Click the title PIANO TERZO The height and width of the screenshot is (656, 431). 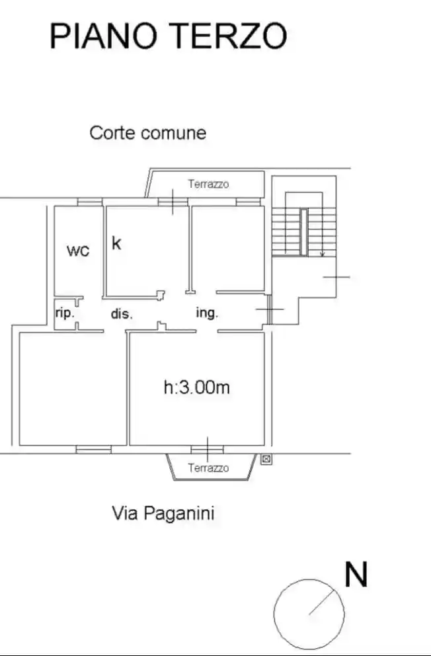pos(168,36)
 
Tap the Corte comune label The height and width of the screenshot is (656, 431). pos(147,133)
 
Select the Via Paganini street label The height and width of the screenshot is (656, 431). pos(163,513)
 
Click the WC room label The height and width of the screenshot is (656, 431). pos(79,251)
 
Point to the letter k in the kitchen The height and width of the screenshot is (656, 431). pos(116,243)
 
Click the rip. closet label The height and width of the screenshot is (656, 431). pos(64,313)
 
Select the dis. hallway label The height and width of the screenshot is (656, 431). pos(122,315)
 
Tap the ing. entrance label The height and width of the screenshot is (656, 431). pos(207,313)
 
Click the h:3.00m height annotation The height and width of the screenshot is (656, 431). pos(196,388)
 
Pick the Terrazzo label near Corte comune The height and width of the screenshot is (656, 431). pos(208,184)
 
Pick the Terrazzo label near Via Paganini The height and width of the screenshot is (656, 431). pos(208,468)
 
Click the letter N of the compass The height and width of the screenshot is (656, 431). pos(356,575)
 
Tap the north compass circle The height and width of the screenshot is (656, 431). pos(309,614)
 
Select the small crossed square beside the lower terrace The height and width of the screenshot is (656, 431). pos(266,458)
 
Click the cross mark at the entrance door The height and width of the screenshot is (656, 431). pos(269,309)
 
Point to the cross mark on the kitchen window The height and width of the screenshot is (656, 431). pos(172,201)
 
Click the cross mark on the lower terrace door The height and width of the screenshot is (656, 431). pos(207,449)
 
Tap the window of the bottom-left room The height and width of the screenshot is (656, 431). pos(93,450)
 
